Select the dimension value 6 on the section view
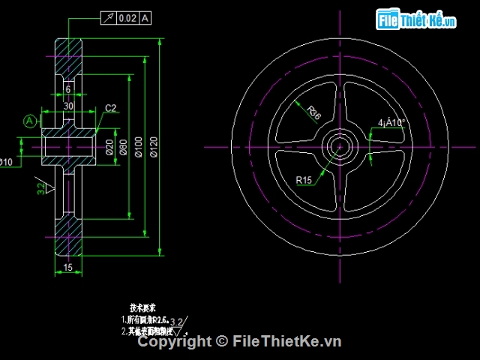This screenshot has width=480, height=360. point(69,88)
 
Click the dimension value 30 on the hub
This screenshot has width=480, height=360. point(69,106)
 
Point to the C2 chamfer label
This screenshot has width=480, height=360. point(111,108)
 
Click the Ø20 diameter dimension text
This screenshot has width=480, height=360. point(109,148)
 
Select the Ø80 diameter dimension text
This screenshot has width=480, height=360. point(124,148)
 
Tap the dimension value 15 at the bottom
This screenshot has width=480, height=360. point(68,268)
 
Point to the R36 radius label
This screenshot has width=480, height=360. point(313,113)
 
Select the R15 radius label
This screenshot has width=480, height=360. point(304,180)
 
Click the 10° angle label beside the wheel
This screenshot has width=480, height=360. point(395,122)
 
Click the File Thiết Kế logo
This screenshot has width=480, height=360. point(417,20)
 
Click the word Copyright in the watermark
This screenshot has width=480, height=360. point(175,341)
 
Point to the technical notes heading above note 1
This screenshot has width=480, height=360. point(142,307)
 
